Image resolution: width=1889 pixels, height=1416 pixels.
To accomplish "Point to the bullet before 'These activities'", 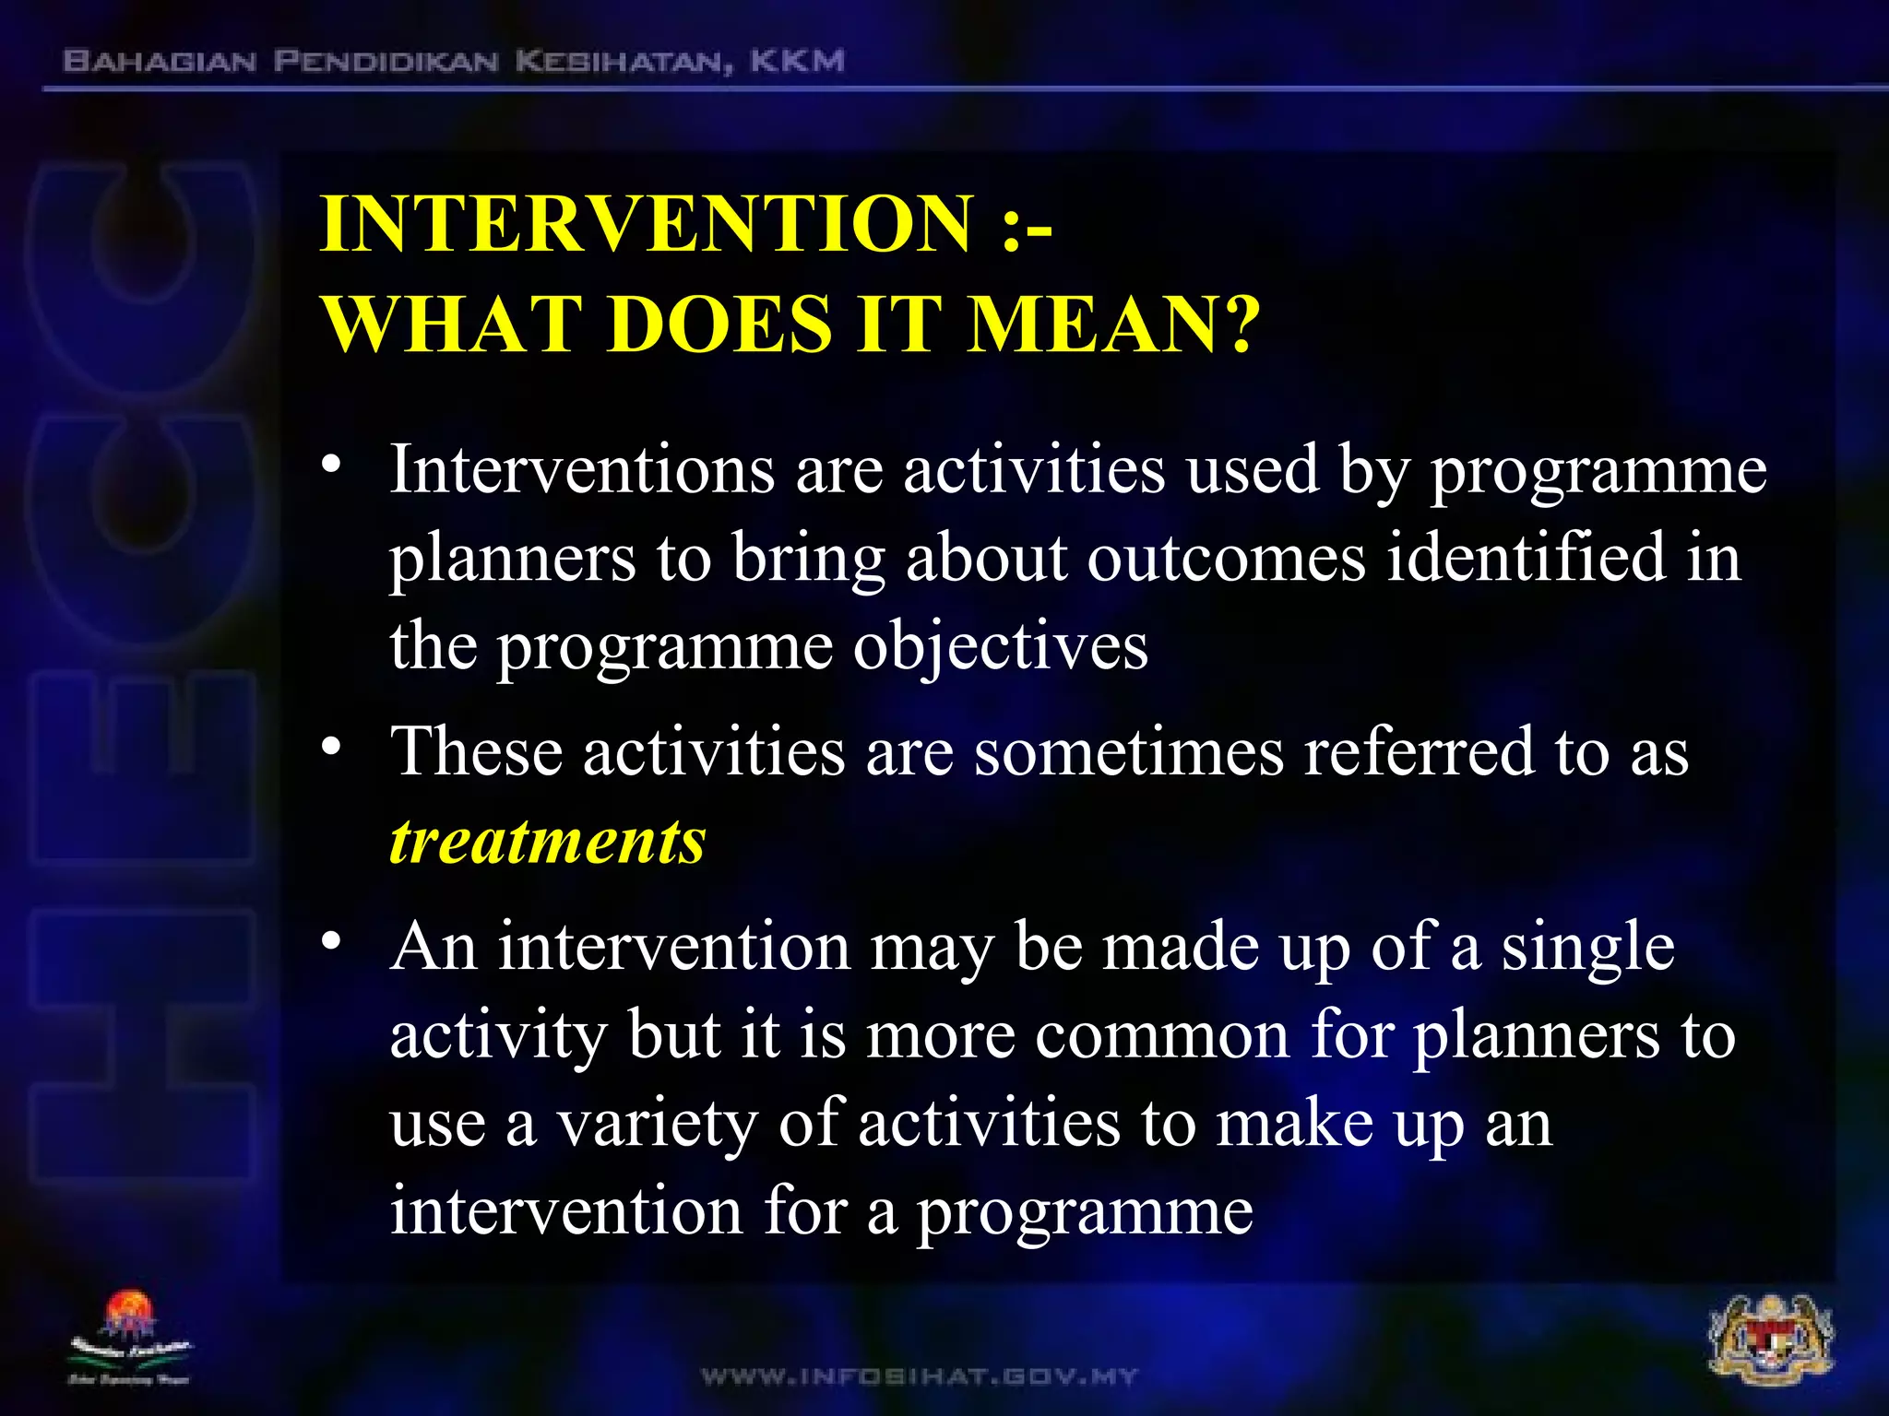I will (332, 745).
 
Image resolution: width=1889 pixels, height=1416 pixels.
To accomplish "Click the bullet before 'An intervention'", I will (332, 941).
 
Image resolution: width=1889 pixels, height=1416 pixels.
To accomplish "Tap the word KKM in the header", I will (797, 62).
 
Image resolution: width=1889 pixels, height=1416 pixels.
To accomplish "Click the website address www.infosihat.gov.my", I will (920, 1377).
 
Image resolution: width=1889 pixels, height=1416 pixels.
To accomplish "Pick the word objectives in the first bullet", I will (1000, 647).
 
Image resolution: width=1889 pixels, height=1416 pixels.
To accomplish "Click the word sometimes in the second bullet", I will (1129, 752).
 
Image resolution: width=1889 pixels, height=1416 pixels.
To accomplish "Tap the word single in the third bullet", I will (1587, 948).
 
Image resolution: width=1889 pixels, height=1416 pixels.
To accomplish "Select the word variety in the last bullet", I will (657, 1125).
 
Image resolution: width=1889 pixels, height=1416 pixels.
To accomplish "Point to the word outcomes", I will (1226, 559).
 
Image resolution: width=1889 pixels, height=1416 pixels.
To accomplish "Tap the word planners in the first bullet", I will (512, 559).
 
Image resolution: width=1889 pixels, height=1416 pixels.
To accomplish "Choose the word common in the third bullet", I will (1161, 1036).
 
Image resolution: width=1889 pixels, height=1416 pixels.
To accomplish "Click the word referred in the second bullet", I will (1418, 752).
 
